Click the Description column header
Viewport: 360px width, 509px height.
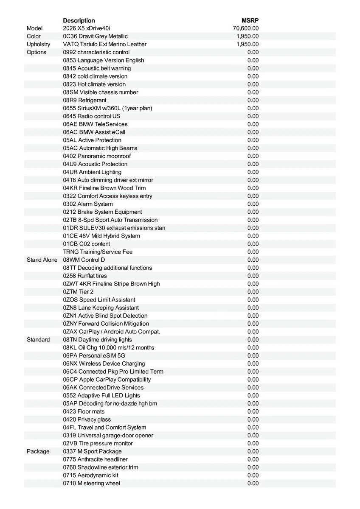[x=79, y=20]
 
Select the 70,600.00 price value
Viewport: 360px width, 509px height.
[x=246, y=28]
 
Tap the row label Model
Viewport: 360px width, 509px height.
[x=35, y=28]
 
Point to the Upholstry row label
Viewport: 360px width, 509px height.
[x=38, y=44]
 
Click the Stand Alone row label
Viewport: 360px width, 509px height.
[x=42, y=260]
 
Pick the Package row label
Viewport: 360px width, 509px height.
[x=38, y=451]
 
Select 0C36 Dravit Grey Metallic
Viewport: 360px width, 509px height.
[x=95, y=36]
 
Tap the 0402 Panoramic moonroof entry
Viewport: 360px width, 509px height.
[x=97, y=156]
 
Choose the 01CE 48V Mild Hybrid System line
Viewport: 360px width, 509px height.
[x=101, y=236]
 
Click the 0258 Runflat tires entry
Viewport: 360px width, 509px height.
[x=85, y=276]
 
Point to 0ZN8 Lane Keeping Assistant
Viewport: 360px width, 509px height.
[x=101, y=308]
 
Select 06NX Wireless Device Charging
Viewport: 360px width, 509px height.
[x=104, y=364]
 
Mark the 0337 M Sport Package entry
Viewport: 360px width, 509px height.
[x=92, y=451]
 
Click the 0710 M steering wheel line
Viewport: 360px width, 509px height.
[x=91, y=483]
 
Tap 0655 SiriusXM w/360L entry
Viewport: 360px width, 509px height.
[x=107, y=108]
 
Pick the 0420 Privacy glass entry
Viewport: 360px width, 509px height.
[x=87, y=420]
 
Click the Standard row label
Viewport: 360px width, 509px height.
[x=38, y=340]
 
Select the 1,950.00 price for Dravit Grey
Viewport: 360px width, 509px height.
[x=247, y=36]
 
